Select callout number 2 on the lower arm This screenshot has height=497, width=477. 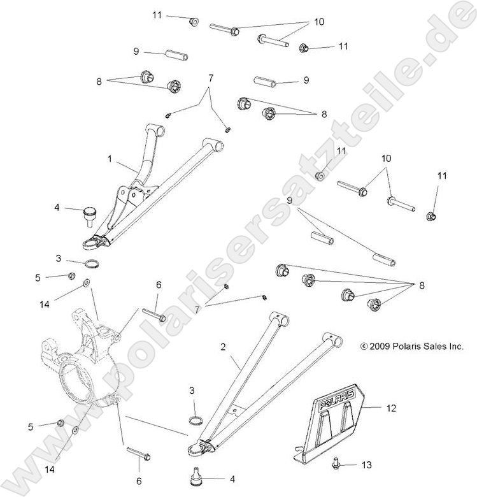click(223, 347)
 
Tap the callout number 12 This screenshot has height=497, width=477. click(390, 408)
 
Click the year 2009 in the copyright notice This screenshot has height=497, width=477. click(381, 347)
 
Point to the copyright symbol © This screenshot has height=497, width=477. click(364, 347)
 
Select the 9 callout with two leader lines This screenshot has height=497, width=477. click(290, 201)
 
